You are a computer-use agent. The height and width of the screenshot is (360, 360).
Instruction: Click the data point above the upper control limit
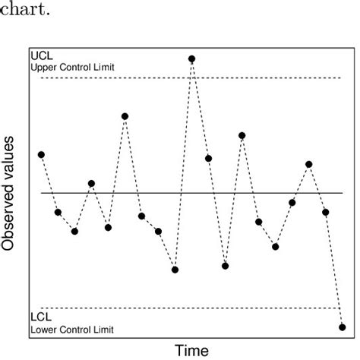coord(191,58)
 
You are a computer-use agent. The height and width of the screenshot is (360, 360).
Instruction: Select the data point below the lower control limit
coord(342,327)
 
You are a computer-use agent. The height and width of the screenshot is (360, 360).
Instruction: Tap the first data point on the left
coord(41,154)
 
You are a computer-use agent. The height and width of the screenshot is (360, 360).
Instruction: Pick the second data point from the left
coord(58,212)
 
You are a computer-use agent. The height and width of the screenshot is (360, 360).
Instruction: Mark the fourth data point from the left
coord(91,183)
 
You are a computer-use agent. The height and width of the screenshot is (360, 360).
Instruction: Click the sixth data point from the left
coord(125,116)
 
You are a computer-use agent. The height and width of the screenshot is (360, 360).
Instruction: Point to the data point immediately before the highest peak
coord(175,270)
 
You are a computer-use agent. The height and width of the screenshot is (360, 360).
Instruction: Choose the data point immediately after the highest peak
coord(208,158)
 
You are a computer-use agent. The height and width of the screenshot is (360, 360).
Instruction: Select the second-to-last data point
coord(325,212)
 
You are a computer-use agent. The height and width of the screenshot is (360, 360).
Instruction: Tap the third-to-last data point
coord(308,164)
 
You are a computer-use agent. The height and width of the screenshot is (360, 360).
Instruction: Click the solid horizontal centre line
coord(251,193)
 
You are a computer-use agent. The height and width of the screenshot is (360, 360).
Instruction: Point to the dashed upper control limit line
coord(266,78)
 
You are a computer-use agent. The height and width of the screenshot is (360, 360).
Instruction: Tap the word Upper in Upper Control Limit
coord(44,68)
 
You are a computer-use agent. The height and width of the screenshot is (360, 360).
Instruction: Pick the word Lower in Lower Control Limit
coord(44,330)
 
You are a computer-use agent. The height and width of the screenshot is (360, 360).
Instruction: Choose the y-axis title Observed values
coord(10,194)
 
